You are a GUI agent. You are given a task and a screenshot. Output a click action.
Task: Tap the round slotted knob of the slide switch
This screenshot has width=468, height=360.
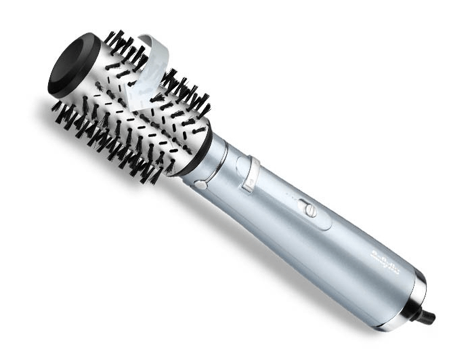(x=311, y=210)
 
